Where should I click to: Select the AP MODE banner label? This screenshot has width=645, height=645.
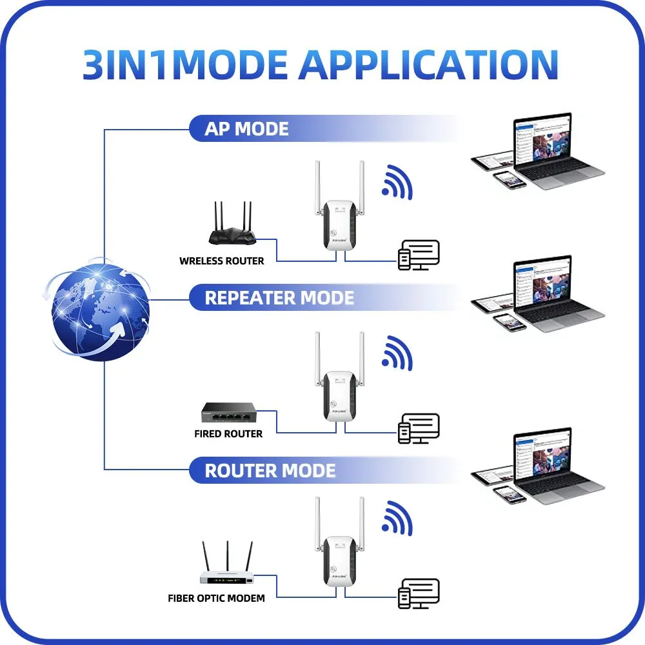246,129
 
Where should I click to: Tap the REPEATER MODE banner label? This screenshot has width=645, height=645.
279,298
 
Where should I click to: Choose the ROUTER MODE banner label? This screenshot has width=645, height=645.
270,470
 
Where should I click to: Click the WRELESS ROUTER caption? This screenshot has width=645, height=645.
221,261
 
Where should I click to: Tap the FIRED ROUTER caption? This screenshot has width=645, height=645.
228,434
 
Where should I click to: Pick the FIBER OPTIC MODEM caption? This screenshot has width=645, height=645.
216,599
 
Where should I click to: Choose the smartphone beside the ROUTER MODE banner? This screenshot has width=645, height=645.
510,495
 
